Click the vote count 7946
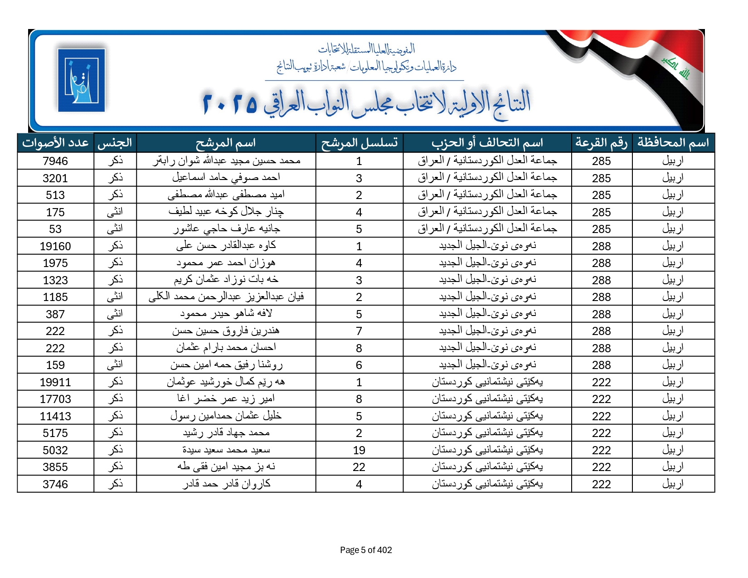point(55,161)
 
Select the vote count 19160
point(55,246)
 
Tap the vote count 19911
point(55,382)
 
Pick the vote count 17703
point(55,399)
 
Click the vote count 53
point(55,229)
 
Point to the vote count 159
point(55,365)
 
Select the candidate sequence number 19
point(359,450)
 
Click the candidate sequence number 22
point(359,467)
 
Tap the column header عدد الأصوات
point(55,143)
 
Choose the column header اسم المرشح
point(226,143)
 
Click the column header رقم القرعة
point(601,143)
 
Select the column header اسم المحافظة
point(673,143)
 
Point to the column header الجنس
point(115,143)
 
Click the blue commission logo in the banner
point(82,80)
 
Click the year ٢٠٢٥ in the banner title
point(230,103)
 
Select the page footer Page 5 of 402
point(366,550)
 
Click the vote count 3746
point(55,484)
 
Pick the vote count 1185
point(55,297)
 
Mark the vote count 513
point(55,195)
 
